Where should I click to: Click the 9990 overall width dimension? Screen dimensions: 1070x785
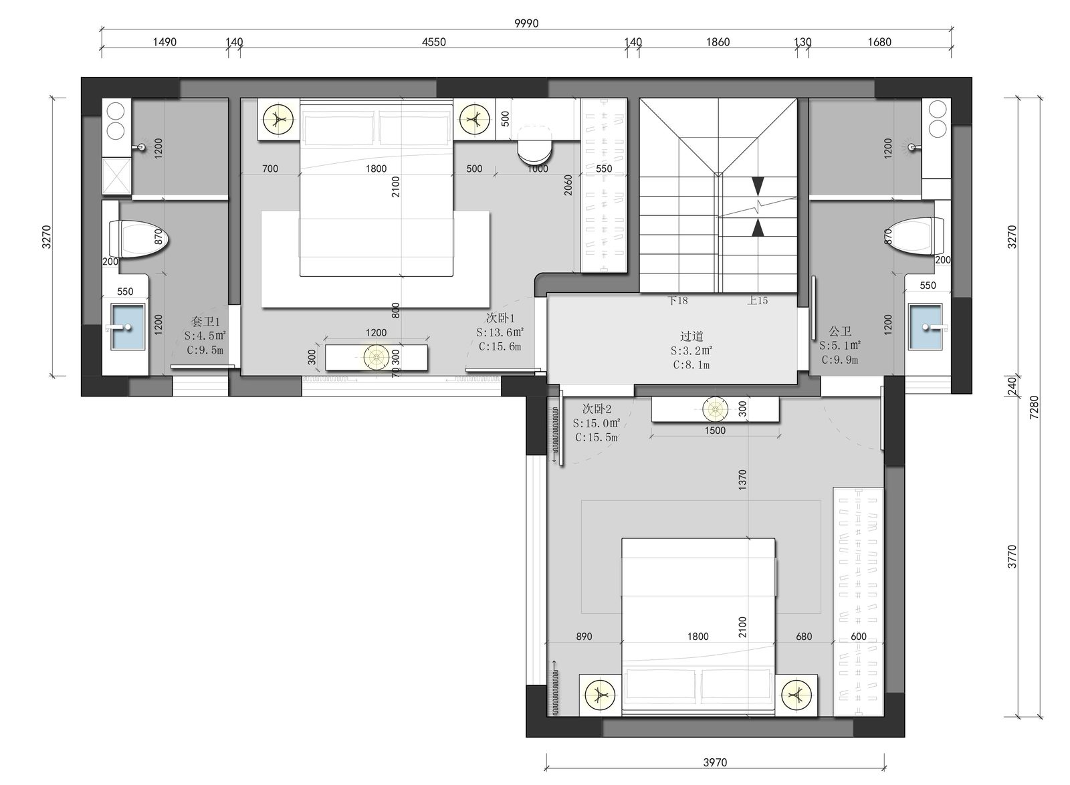[x=526, y=23]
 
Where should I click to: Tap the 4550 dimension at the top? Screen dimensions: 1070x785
[x=434, y=42]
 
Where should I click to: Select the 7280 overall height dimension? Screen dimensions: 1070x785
[x=1033, y=407]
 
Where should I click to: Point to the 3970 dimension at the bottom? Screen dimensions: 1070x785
[x=715, y=762]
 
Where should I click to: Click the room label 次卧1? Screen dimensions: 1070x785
[x=500, y=318]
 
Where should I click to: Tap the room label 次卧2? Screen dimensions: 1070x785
[x=597, y=409]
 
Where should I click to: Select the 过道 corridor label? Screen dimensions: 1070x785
[x=691, y=336]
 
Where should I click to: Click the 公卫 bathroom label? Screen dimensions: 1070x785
[x=840, y=331]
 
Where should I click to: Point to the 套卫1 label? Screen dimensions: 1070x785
[x=205, y=322]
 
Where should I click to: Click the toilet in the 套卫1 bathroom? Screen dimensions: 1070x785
[x=139, y=239]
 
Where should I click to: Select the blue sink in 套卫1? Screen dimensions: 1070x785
[x=127, y=327]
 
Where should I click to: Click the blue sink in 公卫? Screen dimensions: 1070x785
[x=926, y=327]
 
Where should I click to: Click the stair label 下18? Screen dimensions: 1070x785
[x=677, y=300]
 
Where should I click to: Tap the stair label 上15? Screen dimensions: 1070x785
[x=758, y=300]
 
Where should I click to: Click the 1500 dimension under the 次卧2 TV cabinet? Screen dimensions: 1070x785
[x=715, y=430]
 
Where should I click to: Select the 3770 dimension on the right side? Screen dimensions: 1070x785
[x=1012, y=557]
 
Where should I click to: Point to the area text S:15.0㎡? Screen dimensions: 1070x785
[x=597, y=423]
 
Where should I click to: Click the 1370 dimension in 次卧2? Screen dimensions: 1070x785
[x=742, y=479]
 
